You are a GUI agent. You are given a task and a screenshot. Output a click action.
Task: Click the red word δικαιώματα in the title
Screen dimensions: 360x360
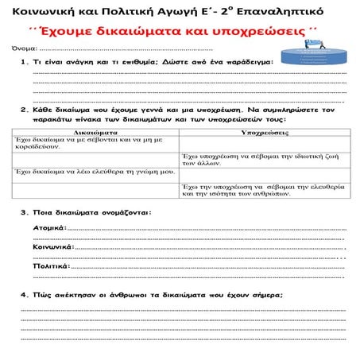[156, 32]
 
